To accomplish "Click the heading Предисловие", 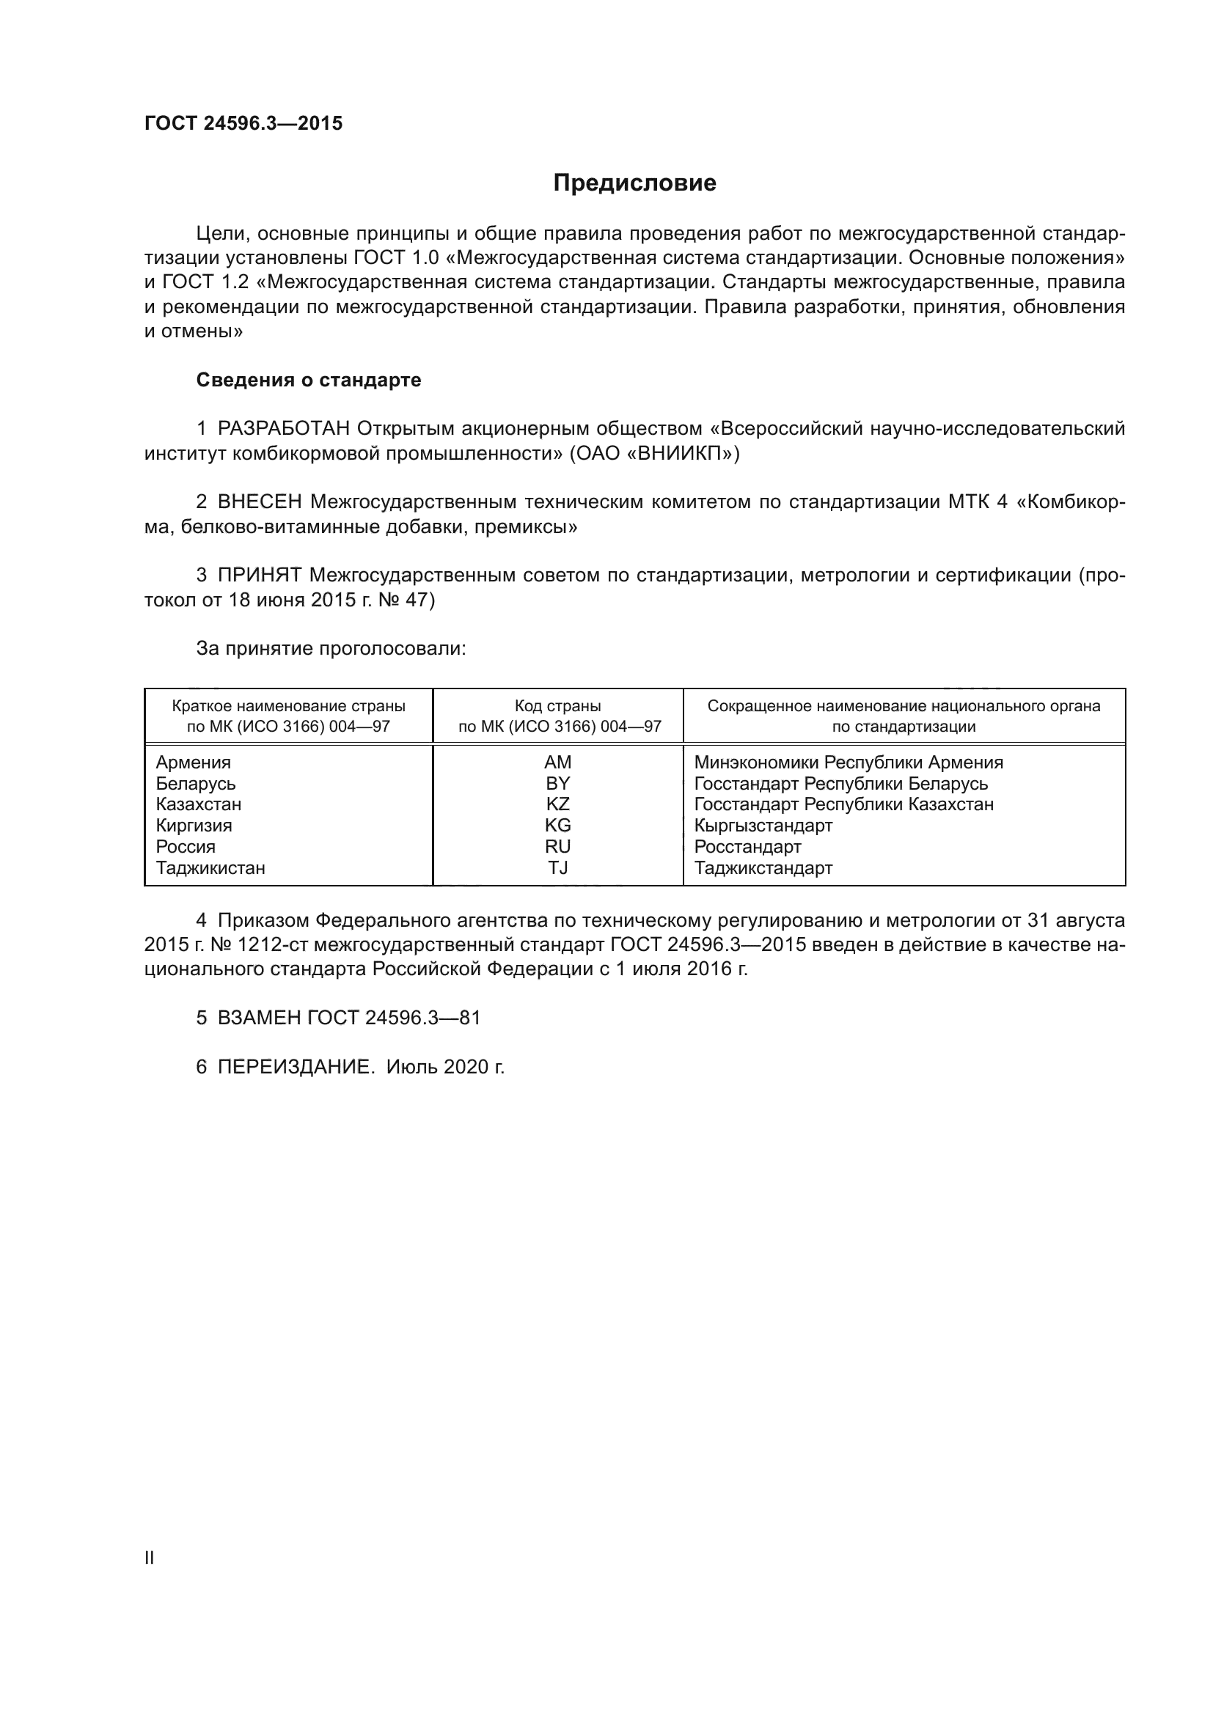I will (634, 183).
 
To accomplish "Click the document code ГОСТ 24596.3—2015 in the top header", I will (243, 123).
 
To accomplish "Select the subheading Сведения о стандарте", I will (309, 381).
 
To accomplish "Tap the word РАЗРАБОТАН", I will (284, 429).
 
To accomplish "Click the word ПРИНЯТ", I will (259, 575).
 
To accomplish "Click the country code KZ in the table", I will (557, 804).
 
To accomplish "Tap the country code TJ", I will (557, 868).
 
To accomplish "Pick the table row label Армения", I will (194, 763).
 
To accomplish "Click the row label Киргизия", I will (194, 826).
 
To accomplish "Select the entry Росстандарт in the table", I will (747, 847).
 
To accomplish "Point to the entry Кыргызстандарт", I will (763, 826).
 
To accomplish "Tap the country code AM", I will (557, 763).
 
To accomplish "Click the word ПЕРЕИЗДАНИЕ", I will (295, 1068).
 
